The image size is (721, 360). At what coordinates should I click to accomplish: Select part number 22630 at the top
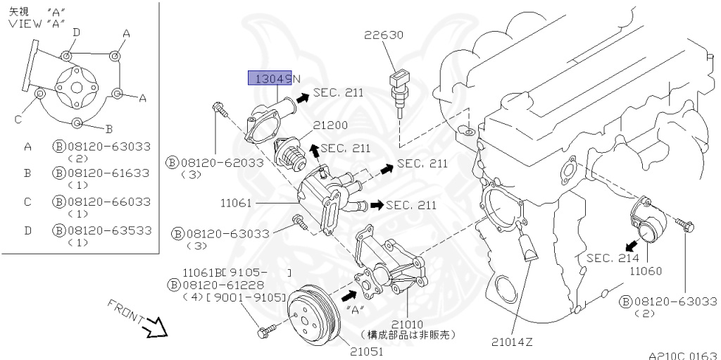384,34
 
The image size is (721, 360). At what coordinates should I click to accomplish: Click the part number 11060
646,271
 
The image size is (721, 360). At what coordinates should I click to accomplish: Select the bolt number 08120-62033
222,163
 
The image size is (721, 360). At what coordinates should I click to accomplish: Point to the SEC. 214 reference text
613,258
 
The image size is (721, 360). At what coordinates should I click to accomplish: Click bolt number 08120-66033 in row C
108,201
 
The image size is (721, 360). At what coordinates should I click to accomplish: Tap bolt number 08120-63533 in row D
108,230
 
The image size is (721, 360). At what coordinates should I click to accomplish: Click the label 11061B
203,272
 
